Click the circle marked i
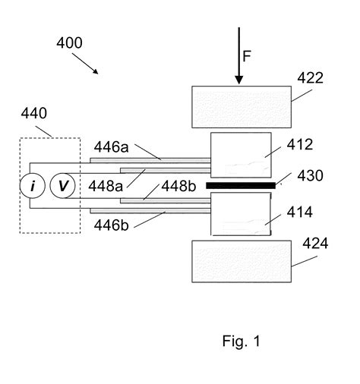(x=33, y=186)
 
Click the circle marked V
(x=62, y=186)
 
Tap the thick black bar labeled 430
(x=241, y=185)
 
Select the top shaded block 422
(x=242, y=107)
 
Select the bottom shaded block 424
(x=242, y=261)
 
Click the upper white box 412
(x=241, y=155)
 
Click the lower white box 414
(x=241, y=214)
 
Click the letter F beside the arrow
(x=247, y=56)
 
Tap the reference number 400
(x=69, y=42)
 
